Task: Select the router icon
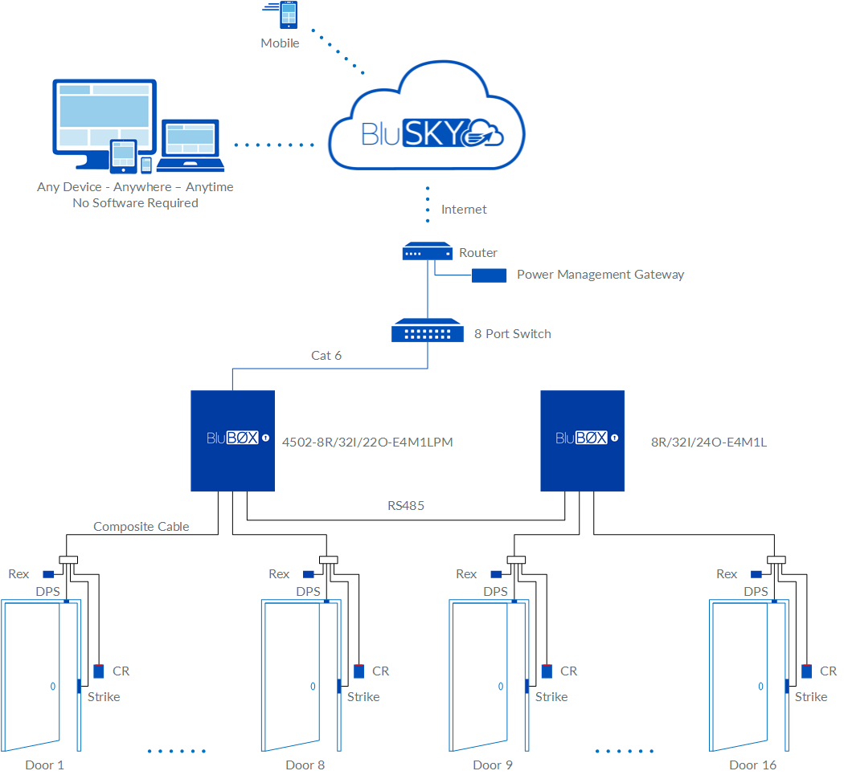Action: pos(427,253)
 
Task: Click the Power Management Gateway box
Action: pos(489,275)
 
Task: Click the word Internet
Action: pos(464,210)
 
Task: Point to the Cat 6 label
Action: pos(326,355)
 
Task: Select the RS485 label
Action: pos(406,506)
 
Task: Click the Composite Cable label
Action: pos(141,527)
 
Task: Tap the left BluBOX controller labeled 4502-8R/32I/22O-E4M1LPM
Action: pos(232,440)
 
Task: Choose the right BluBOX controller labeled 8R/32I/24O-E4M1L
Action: pos(583,440)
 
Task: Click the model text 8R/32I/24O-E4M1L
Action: pos(709,441)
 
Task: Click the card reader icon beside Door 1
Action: pos(99,671)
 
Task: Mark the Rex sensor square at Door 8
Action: pos(309,574)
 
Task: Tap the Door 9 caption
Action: pos(493,765)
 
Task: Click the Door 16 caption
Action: pos(753,765)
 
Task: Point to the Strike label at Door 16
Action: pos(811,696)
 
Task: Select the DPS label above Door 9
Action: pos(495,592)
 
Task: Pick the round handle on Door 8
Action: pos(313,687)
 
